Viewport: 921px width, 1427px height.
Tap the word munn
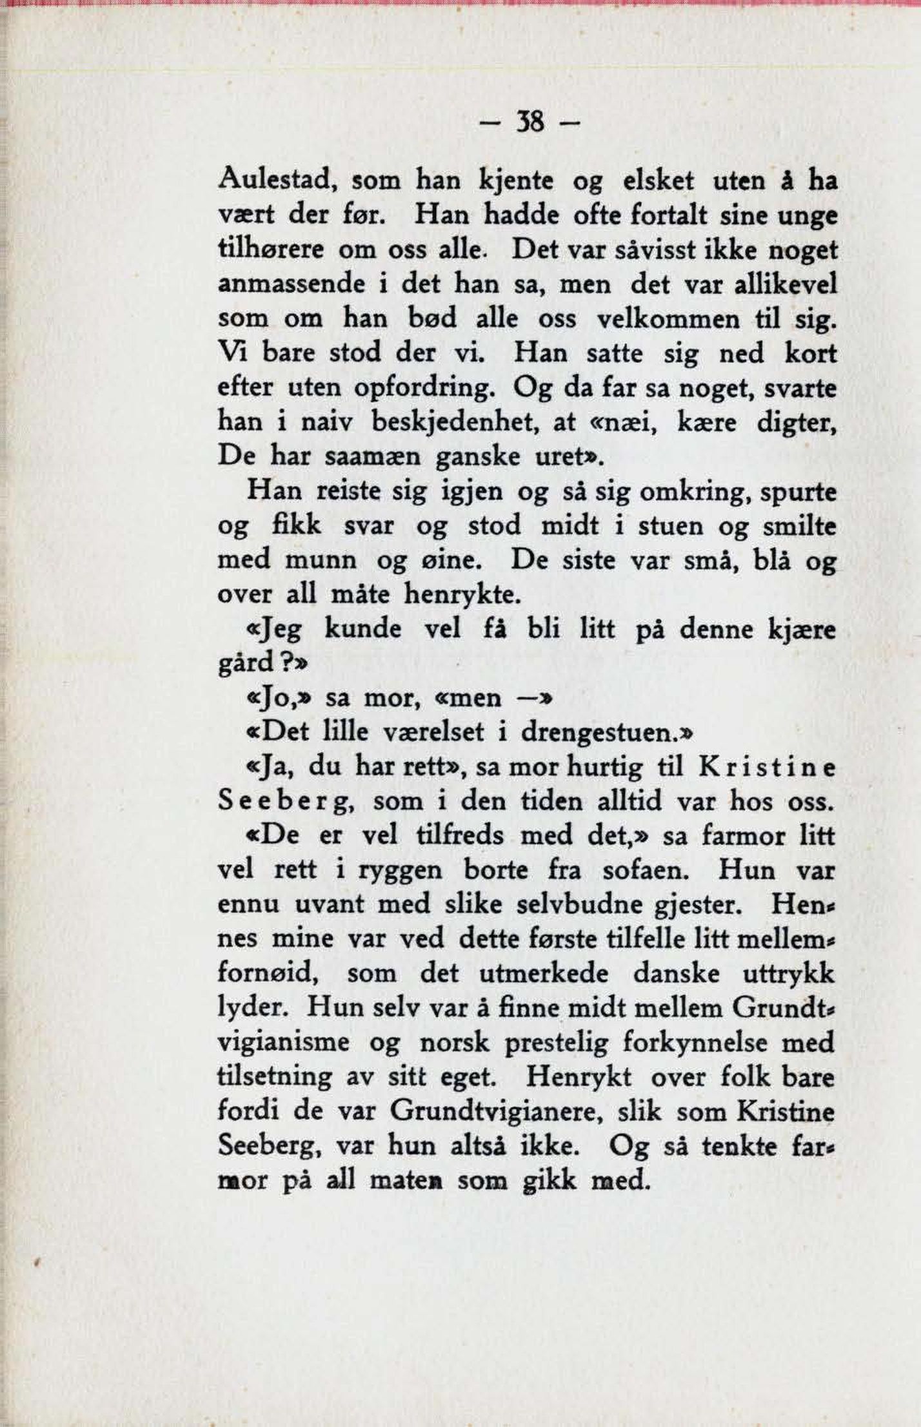tap(321, 561)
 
